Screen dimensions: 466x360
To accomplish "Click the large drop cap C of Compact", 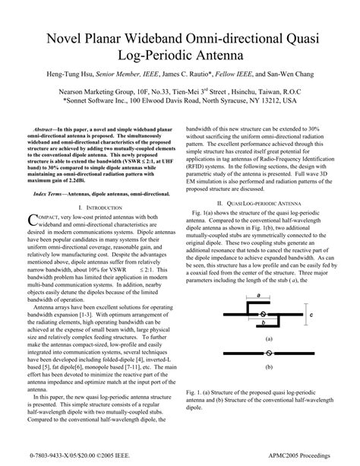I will pyautogui.click(x=31, y=220).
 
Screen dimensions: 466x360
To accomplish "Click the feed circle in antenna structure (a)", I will pyautogui.click(x=263, y=313).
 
